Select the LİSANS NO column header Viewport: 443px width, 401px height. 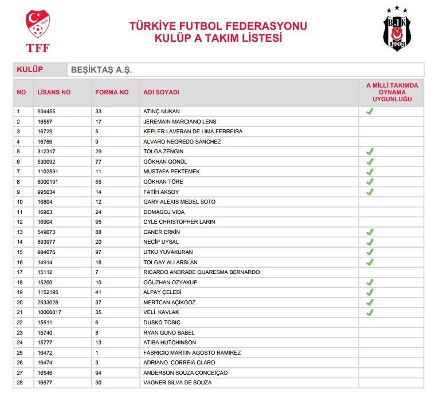pos(54,92)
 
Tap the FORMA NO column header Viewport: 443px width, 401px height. pos(112,92)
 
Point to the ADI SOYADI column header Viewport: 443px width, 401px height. pos(161,92)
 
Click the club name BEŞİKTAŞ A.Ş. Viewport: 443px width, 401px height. pos(101,70)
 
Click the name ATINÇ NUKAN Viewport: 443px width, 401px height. pos(162,112)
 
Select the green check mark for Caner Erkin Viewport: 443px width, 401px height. pos(370,232)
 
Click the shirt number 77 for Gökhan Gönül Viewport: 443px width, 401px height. pos(99,162)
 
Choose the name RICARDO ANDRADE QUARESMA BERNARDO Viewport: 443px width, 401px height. pos(201,272)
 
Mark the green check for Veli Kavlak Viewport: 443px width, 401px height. pos(370,312)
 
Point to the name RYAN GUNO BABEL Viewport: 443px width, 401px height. pos(169,332)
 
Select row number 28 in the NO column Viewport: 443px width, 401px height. pos(19,383)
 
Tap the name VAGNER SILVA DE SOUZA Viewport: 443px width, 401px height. pos(177,383)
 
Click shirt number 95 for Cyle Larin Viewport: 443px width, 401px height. pos(99,222)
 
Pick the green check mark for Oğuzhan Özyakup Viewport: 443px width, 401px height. pos(370,282)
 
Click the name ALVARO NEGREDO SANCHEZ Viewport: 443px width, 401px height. pos(182,142)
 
